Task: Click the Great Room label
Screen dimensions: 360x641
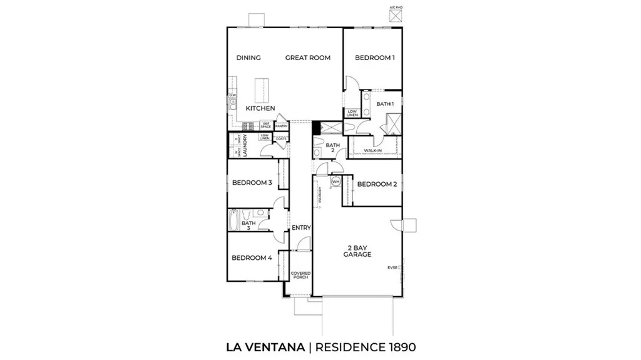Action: pyautogui.click(x=307, y=58)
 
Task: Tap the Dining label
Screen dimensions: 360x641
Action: pyautogui.click(x=249, y=58)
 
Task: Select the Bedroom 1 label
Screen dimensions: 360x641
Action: pyautogui.click(x=375, y=58)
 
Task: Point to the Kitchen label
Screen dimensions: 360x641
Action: pyautogui.click(x=260, y=108)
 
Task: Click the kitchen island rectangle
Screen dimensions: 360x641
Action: pyautogui.click(x=263, y=91)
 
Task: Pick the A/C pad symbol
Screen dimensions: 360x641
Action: pyautogui.click(x=394, y=16)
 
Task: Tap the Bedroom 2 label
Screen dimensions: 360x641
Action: pyautogui.click(x=377, y=184)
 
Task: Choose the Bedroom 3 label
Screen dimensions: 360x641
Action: pyautogui.click(x=252, y=183)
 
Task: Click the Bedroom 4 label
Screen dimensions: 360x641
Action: pyautogui.click(x=252, y=257)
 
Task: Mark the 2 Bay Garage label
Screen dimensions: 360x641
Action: pyautogui.click(x=357, y=251)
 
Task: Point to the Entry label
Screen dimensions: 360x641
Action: pyautogui.click(x=301, y=227)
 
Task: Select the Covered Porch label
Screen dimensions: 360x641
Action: pyautogui.click(x=300, y=275)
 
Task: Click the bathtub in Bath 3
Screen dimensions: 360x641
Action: pyautogui.click(x=233, y=220)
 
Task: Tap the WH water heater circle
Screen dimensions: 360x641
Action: pyautogui.click(x=336, y=182)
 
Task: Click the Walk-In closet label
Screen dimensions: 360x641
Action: pyautogui.click(x=373, y=151)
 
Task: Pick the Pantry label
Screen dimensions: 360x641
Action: pyautogui.click(x=281, y=125)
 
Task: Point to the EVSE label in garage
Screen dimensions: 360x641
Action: pyautogui.click(x=392, y=268)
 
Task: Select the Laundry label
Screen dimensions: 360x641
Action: pyautogui.click(x=245, y=146)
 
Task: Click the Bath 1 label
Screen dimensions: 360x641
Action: pyautogui.click(x=385, y=104)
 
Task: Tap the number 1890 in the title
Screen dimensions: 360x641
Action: pyautogui.click(x=396, y=346)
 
